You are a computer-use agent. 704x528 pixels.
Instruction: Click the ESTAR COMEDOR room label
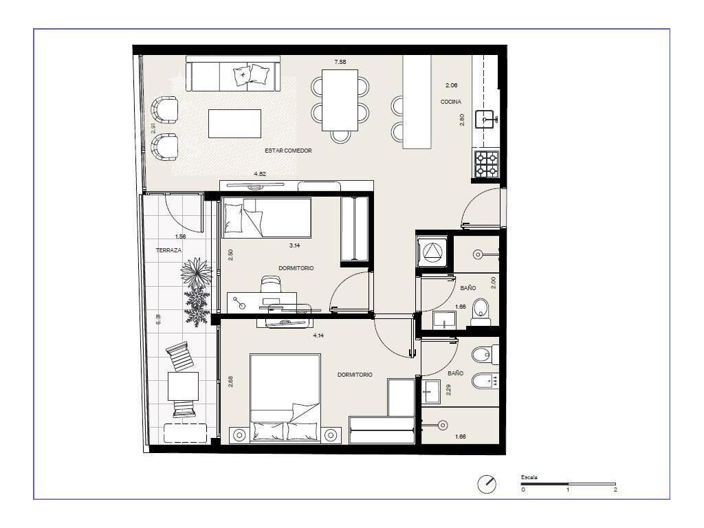point(288,151)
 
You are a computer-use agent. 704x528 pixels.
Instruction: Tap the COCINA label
point(451,102)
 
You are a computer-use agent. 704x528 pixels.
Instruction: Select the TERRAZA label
point(169,250)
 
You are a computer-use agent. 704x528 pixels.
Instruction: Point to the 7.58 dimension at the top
point(340,62)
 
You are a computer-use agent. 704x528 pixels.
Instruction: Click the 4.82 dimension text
point(260,174)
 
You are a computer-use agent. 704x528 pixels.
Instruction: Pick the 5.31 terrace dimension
point(158,320)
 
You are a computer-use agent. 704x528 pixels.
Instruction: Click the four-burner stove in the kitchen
point(487,164)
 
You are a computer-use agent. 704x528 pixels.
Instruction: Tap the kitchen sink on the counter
point(485,120)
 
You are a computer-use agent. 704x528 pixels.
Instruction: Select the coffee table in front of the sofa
point(235,124)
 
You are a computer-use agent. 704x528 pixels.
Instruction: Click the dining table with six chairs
point(340,100)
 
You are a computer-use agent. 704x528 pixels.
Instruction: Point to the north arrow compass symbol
point(487,485)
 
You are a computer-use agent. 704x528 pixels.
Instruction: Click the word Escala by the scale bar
point(529,477)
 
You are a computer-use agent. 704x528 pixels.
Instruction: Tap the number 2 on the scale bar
point(615,489)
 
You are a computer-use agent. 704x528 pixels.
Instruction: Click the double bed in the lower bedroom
point(285,398)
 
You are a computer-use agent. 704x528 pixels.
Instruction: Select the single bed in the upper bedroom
point(267,218)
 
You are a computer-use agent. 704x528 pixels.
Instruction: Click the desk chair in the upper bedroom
point(271,285)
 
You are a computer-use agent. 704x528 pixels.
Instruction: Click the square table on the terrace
point(183,386)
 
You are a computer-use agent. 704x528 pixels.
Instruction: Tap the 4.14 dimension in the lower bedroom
point(318,335)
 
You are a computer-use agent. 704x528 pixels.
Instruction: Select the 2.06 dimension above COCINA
point(452,85)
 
